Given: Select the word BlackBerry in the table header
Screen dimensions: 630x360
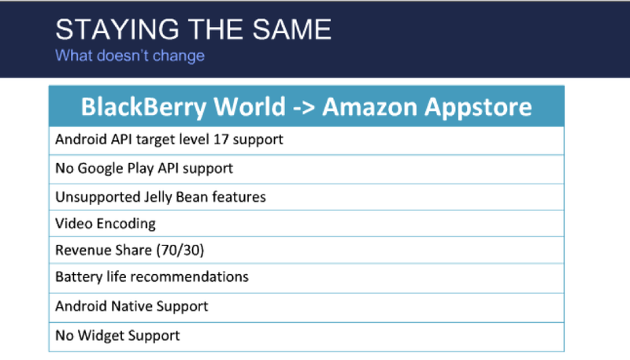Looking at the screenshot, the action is pos(144,107).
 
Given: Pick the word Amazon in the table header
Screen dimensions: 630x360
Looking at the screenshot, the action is pos(370,107).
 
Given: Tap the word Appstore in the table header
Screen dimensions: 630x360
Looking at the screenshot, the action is pos(479,108).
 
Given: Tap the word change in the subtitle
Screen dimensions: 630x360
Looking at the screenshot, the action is pos(179,55).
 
